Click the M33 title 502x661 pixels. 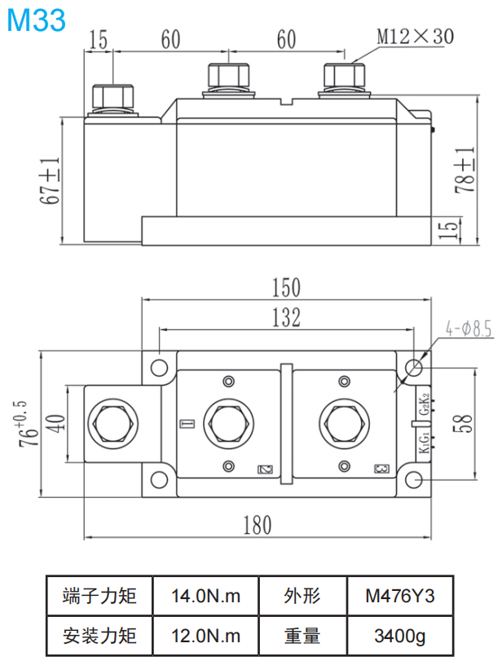pos(36,20)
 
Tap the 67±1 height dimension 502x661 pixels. pos(51,181)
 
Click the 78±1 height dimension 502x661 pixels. pos(464,170)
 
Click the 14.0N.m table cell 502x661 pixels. pos(206,596)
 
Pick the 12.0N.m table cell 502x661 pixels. pos(206,635)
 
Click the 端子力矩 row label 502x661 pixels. pos(99,596)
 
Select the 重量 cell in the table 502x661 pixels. pos(302,635)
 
